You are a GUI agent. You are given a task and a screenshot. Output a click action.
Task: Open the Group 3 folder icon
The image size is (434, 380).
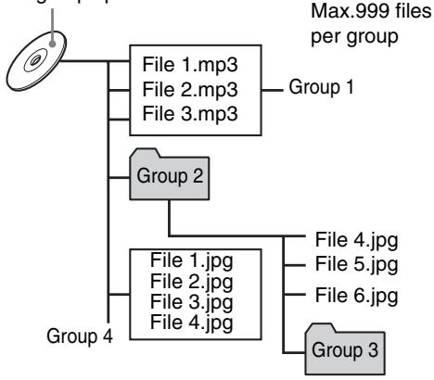coord(343,350)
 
